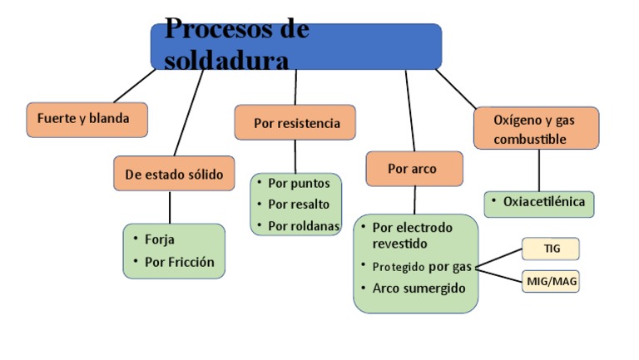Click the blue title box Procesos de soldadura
(x=295, y=46)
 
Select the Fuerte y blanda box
(x=87, y=119)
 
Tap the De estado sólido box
(x=174, y=174)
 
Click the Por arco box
(x=413, y=169)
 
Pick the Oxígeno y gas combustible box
(x=536, y=129)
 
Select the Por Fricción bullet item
(x=179, y=262)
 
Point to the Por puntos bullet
(x=299, y=183)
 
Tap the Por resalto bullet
(x=299, y=204)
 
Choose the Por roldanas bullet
(x=302, y=225)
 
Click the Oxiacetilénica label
(x=543, y=201)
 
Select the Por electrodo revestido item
(x=412, y=235)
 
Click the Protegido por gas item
(x=421, y=266)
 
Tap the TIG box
(x=551, y=248)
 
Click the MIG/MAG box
(x=551, y=282)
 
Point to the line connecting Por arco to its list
(x=414, y=200)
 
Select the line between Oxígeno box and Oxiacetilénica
(x=539, y=170)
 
